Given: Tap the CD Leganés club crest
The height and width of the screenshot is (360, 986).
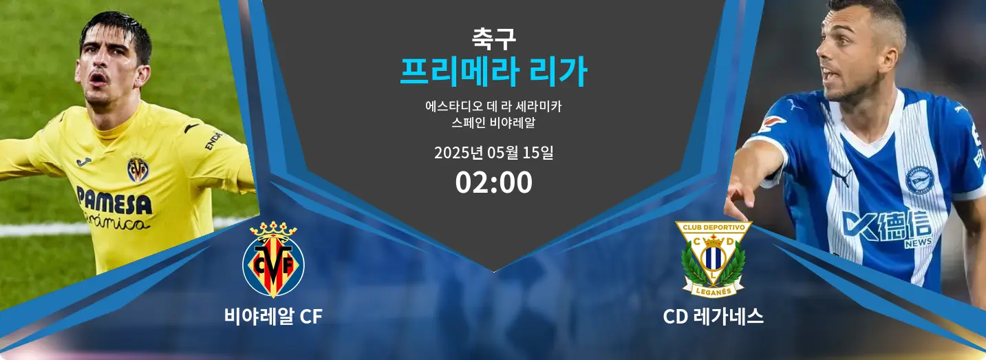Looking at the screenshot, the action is (x=714, y=259).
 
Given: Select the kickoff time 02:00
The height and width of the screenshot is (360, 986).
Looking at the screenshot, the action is (x=493, y=182).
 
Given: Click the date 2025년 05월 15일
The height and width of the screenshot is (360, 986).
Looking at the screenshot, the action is (x=493, y=153).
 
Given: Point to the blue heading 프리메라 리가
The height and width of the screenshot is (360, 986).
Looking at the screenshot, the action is (x=493, y=72).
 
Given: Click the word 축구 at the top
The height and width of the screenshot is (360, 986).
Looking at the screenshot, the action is (x=493, y=39).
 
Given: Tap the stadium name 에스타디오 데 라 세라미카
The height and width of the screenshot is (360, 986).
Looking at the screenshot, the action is (x=493, y=106).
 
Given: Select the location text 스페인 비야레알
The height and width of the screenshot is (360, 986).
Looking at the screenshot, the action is (x=493, y=123).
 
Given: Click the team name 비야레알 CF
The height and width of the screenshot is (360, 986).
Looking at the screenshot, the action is (x=273, y=317).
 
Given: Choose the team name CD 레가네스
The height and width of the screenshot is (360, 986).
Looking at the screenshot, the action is (x=713, y=317).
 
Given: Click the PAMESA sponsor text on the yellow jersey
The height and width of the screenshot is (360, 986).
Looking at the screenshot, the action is (x=114, y=200).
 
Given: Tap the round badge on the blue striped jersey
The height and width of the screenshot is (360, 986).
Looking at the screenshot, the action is (x=919, y=180).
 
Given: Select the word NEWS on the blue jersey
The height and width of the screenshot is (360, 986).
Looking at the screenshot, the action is (x=918, y=242).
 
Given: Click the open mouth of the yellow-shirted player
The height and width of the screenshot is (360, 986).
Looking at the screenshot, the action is (x=98, y=79).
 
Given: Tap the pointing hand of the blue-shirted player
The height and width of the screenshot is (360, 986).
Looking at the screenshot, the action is (x=740, y=198).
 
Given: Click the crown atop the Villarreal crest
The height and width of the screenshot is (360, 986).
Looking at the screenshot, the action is (x=273, y=230).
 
